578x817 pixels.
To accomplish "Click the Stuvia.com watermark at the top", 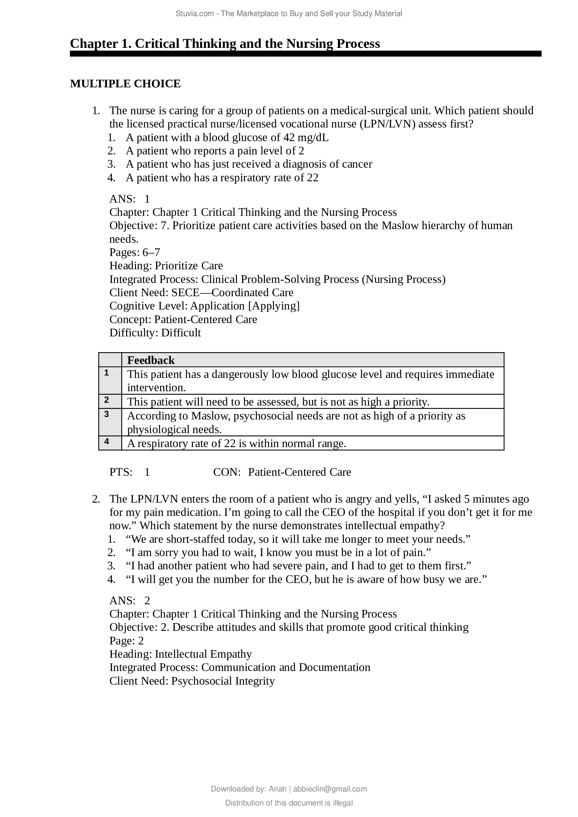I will click(289, 14).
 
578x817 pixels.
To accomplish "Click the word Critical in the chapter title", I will click(157, 43).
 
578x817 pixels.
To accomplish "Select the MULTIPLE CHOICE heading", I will click(125, 83).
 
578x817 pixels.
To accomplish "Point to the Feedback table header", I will click(151, 360).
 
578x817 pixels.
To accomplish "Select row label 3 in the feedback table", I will click(107, 414).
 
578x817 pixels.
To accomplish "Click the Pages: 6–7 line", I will click(135, 252).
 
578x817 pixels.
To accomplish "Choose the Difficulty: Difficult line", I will click(155, 333).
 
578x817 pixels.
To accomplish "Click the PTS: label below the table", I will click(121, 472).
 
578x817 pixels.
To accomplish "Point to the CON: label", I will click(227, 472).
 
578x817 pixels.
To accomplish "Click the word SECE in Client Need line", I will click(185, 292).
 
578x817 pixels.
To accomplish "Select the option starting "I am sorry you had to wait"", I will click(278, 553).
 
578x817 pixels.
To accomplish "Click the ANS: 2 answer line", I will click(130, 601).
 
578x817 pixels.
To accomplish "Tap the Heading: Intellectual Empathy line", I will click(180, 654).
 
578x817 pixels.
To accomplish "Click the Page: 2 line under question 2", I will click(127, 641).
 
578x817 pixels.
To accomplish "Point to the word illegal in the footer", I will click(343, 803).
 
